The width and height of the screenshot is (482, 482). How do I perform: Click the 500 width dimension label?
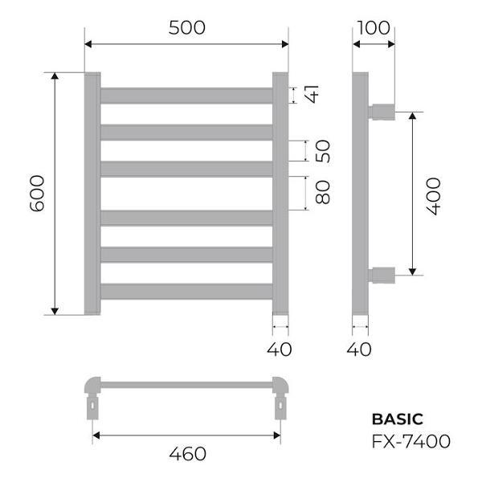pos(187,27)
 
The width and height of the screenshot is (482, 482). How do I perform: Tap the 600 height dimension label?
pos(37,194)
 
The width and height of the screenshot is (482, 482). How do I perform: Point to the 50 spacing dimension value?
pos(322,150)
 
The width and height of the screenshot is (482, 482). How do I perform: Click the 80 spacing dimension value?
pos(322,193)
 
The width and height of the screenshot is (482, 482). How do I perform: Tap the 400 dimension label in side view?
pos(433,194)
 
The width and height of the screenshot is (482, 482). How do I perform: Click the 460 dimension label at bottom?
pos(187,454)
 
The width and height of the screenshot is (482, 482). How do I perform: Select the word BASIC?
pos(397,419)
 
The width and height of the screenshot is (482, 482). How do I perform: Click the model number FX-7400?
pos(411,440)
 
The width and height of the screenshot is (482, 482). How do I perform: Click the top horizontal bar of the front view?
pos(186,95)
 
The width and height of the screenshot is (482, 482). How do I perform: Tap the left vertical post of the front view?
pos(92,194)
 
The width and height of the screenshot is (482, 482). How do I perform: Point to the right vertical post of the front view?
pos(280,194)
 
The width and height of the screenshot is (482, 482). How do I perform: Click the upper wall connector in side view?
pos(382,110)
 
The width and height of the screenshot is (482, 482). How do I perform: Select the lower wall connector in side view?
pos(382,275)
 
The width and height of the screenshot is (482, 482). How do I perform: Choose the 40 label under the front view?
pos(280,349)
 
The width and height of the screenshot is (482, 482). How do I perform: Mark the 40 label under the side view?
pos(361,349)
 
